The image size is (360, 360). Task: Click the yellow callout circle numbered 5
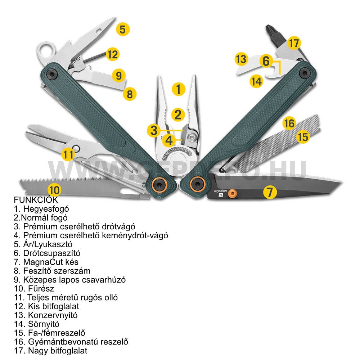tap(123, 29)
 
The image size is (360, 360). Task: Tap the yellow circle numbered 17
tap(294, 44)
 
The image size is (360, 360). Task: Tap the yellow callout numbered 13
tap(242, 59)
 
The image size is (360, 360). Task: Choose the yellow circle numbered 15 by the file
tap(303, 137)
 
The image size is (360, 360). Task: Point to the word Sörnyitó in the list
tap(43, 324)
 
